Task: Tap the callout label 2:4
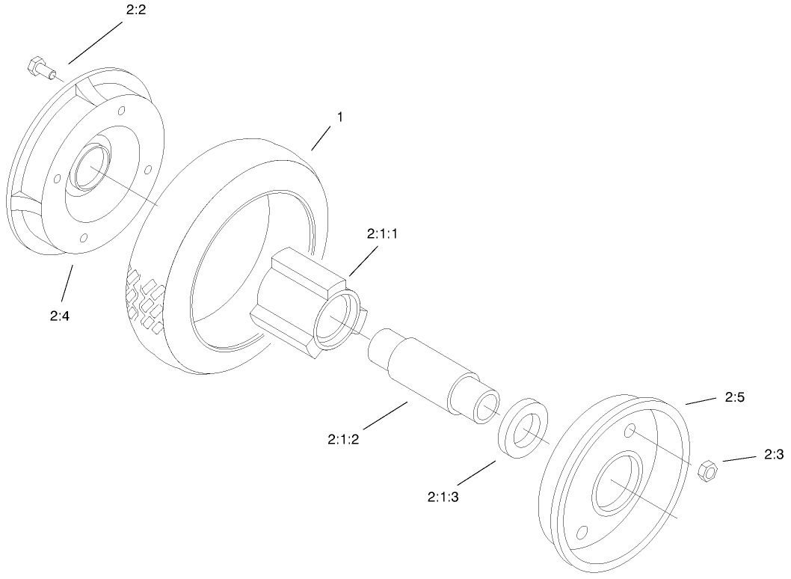pyautogui.click(x=61, y=316)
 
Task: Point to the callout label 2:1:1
pyautogui.click(x=382, y=234)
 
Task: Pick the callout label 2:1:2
pyautogui.click(x=344, y=439)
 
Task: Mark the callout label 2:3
pyautogui.click(x=774, y=454)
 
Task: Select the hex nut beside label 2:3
pyautogui.click(x=707, y=471)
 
